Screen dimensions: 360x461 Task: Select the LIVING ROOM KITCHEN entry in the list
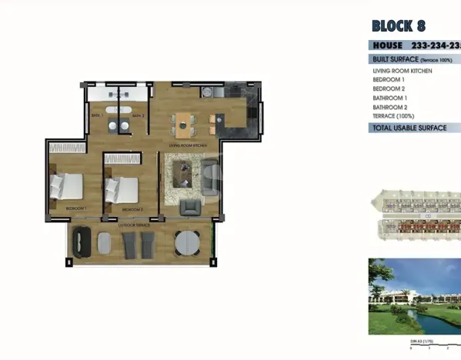[x=402, y=71]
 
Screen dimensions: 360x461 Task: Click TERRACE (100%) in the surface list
[x=394, y=116]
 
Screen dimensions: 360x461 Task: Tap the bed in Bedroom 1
[x=66, y=186]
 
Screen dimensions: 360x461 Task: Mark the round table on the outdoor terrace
[x=186, y=244]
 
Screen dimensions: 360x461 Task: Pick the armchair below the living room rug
[x=189, y=207]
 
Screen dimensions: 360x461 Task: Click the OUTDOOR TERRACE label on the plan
[x=135, y=225]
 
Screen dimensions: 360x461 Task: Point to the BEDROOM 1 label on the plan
[x=75, y=209]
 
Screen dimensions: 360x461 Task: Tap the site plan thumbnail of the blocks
[x=416, y=216]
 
